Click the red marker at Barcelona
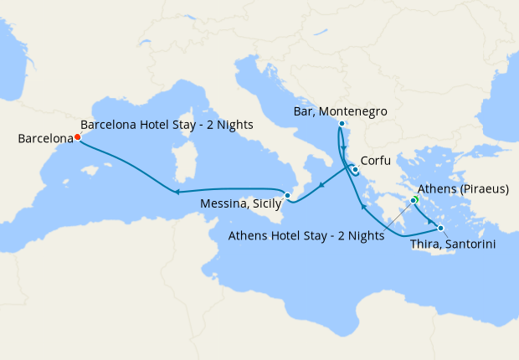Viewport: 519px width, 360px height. [77, 136]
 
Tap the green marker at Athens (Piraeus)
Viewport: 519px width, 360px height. [414, 200]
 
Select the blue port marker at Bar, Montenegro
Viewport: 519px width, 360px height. [342, 124]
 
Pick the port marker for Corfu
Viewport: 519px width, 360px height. [355, 170]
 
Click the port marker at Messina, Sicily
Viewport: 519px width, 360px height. [287, 196]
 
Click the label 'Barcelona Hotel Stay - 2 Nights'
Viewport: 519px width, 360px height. [167, 125]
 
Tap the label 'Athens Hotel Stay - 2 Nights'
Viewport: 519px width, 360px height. [306, 236]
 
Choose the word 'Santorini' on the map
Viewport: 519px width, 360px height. [474, 244]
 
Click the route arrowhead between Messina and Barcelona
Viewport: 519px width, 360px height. [178, 193]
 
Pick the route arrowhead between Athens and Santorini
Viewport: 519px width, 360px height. [431, 222]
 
